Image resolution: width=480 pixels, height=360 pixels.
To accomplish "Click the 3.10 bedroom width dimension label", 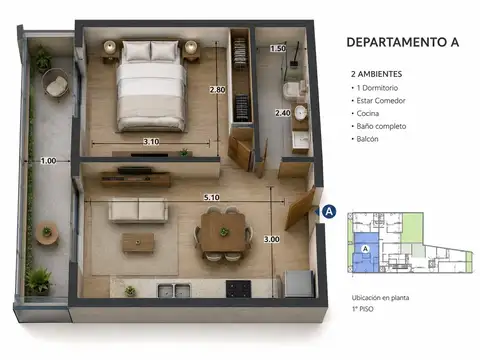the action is coord(151,142).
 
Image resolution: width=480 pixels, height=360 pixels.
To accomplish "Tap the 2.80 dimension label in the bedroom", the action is coord(217,90).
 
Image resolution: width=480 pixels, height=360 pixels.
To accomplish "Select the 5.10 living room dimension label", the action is coord(212,197).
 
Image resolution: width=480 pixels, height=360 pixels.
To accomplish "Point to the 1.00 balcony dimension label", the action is coord(48,161).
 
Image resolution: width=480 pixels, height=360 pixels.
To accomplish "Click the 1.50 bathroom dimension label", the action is coord(278,48).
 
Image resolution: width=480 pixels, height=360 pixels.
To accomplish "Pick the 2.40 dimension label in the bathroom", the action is coord(283,113).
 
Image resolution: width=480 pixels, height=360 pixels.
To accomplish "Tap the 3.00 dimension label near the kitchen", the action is coord(272,239).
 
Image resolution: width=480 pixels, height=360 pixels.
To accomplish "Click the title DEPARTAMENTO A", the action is coord(403,42).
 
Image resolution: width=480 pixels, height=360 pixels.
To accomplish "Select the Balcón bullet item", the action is coord(367,139).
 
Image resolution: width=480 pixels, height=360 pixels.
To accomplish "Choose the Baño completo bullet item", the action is coord(381,126).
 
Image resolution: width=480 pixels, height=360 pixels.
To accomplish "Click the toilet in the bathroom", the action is coord(294,89).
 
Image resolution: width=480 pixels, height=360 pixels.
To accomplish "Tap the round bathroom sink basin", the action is coord(301,112).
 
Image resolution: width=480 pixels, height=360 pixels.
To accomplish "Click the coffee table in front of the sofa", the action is coord(138,242).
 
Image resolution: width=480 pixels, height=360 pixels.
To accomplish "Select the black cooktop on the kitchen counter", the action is coord(238,289).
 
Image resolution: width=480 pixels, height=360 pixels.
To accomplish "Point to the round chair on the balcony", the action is coord(55,83).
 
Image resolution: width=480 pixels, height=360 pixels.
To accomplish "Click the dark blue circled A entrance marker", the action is coord(329,212).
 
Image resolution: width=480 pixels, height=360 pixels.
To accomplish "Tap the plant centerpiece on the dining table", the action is coord(224,231).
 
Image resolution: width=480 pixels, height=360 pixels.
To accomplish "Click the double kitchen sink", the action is coord(174,290).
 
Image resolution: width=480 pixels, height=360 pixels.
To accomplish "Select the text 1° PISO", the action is coord(363,309).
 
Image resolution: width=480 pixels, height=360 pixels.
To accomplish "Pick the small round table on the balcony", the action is coord(47,233).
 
